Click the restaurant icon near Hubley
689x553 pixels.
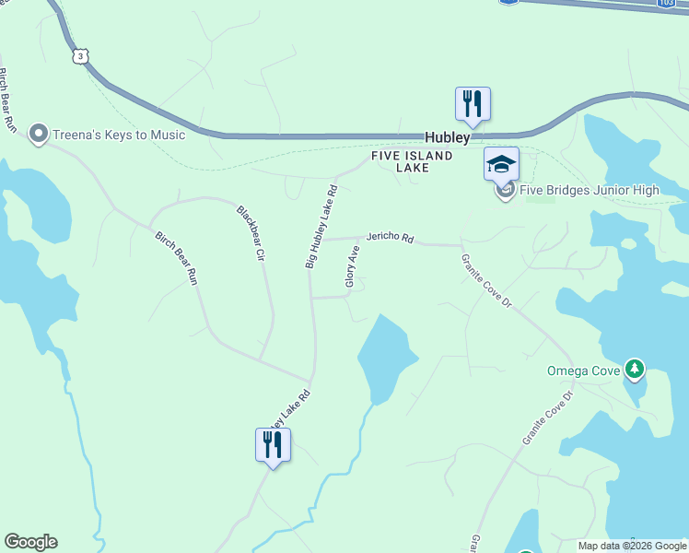(473, 103)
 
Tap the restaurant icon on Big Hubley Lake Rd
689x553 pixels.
(273, 445)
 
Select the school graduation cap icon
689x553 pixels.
(501, 164)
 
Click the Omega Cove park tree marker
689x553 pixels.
(634, 370)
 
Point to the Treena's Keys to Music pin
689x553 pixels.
(39, 135)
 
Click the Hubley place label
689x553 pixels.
(447, 137)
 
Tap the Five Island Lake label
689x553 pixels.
(412, 162)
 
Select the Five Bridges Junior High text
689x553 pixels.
(590, 191)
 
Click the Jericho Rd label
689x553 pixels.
(391, 238)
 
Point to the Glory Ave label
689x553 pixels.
(351, 267)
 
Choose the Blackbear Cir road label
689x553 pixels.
(251, 231)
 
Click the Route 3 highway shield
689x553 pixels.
(82, 56)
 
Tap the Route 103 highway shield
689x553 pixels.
(666, 4)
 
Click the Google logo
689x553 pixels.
(30, 542)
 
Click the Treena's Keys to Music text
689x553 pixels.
(119, 135)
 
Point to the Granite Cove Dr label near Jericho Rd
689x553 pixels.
(485, 281)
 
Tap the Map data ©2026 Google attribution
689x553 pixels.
(632, 546)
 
